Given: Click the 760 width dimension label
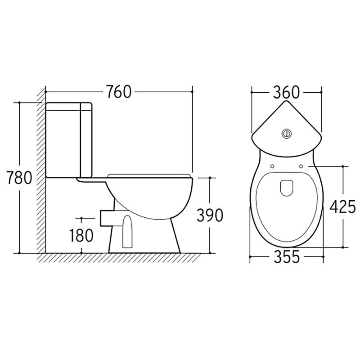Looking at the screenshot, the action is [x=119, y=92].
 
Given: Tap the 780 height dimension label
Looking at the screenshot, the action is [x=19, y=178].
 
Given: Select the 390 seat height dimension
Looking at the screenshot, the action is [x=210, y=215].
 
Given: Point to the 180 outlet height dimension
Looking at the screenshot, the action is [x=81, y=235].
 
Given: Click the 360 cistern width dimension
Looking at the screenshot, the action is [x=287, y=92].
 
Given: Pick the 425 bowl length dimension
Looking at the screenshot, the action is [x=342, y=207].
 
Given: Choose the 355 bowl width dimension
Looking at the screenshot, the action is [x=287, y=256].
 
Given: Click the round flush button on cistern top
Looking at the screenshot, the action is [x=286, y=133].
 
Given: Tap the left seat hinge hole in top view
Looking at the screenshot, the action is [x=272, y=166].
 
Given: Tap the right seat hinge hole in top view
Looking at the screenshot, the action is [x=301, y=166].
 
